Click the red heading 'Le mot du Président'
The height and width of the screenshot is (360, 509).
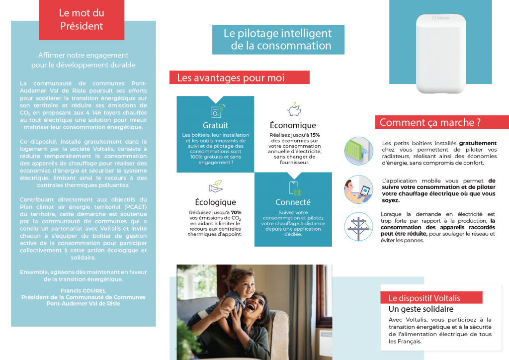click(82, 20)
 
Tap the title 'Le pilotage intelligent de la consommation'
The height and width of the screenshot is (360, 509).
click(278, 40)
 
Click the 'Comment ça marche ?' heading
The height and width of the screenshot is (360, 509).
click(430, 122)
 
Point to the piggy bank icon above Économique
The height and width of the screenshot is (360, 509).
click(294, 109)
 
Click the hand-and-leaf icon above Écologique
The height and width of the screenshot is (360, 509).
click(215, 187)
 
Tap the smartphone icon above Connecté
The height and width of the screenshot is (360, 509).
click(293, 187)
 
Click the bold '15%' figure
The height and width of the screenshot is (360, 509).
click(315, 135)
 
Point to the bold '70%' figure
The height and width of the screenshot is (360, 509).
click(236, 212)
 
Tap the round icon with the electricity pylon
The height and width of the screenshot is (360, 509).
click(358, 227)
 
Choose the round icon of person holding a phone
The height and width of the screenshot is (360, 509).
click(358, 189)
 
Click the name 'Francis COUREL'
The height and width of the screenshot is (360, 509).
click(84, 291)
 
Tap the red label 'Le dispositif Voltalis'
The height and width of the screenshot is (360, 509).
click(424, 298)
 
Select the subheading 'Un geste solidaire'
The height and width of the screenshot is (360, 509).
click(421, 309)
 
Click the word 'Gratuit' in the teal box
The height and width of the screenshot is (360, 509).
click(215, 125)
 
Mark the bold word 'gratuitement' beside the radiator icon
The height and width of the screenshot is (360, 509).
click(478, 143)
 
